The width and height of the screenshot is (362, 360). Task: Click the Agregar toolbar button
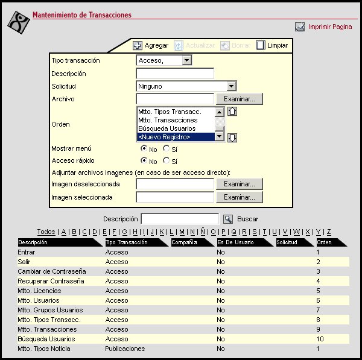150,45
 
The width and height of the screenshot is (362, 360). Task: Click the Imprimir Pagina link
329,27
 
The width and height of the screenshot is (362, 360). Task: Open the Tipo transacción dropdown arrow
186,60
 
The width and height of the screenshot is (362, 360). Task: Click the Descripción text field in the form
175,74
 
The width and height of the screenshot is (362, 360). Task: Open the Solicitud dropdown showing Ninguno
231,86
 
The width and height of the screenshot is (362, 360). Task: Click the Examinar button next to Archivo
240,99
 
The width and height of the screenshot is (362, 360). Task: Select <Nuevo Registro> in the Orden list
176,137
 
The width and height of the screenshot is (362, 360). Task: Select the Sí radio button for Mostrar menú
167,148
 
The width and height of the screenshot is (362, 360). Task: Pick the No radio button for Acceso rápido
144,161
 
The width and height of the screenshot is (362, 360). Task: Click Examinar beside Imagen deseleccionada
240,184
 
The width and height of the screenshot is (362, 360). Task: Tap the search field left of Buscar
179,219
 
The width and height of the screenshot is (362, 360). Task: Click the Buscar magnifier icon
227,219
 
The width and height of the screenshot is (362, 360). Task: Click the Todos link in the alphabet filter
46,232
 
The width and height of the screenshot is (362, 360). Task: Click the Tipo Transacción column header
127,242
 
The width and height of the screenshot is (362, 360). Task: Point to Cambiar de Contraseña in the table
52,271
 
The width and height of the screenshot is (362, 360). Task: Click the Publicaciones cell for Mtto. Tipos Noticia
125,349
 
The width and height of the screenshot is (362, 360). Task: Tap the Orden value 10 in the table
320,339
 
